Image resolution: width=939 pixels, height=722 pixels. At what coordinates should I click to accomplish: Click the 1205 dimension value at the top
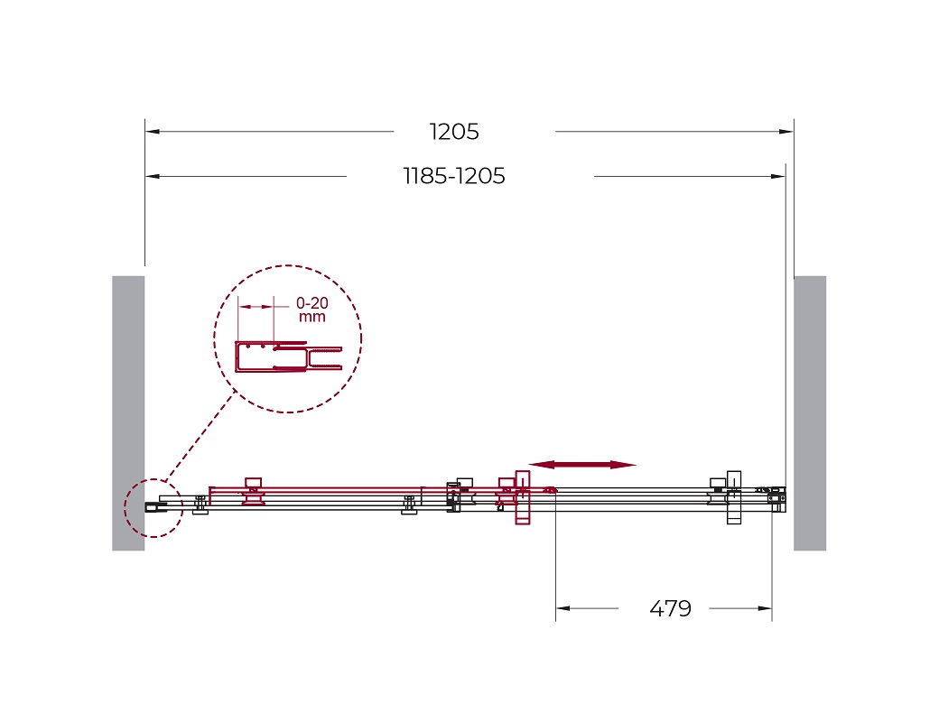[454, 132]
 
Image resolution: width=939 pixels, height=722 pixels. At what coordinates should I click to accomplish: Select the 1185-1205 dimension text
[454, 176]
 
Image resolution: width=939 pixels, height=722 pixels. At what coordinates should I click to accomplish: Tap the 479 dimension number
[670, 608]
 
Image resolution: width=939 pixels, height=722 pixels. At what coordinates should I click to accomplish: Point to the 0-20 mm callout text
[312, 310]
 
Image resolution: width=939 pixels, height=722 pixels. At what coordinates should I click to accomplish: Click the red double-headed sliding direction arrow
[582, 465]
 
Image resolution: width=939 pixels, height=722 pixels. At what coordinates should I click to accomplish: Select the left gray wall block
[128, 413]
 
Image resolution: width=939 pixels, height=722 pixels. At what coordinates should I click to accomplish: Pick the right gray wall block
[810, 413]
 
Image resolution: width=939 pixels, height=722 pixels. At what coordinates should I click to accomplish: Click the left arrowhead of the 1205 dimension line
[152, 132]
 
